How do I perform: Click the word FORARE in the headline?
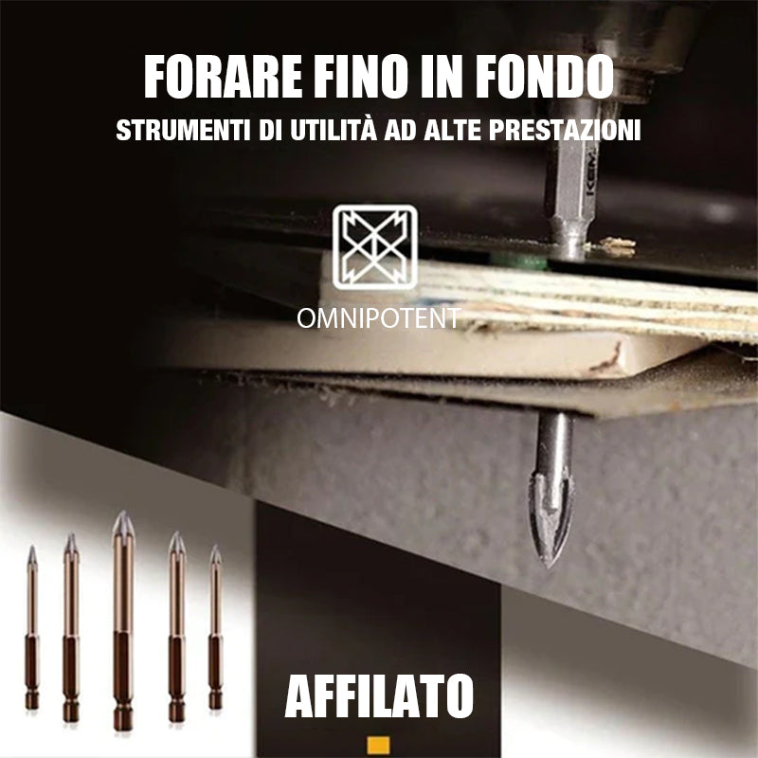[x=223, y=77]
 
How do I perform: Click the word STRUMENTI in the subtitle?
[x=184, y=130]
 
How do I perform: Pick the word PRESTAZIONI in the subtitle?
[x=565, y=130]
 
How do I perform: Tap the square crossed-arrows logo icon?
[x=375, y=247]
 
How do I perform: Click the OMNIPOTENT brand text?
[x=378, y=318]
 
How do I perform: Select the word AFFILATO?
[x=379, y=696]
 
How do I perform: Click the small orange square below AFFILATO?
[x=378, y=745]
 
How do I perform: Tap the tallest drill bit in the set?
[x=123, y=621]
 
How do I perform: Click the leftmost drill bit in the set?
[x=32, y=627]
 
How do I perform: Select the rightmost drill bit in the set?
[x=216, y=626]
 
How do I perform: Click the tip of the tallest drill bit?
[x=123, y=512]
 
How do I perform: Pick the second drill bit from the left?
[x=70, y=627]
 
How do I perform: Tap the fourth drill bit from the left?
[x=176, y=626]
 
